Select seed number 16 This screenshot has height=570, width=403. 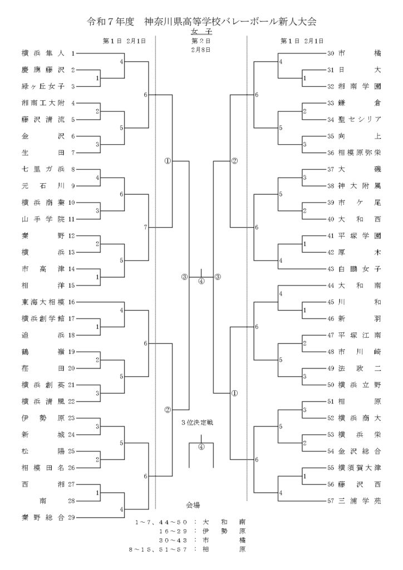[71, 302]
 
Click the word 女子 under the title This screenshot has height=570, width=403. [201, 32]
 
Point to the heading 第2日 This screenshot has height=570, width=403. [201, 41]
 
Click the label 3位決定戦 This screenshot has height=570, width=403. [201, 422]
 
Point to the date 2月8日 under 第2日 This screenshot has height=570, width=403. [201, 50]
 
